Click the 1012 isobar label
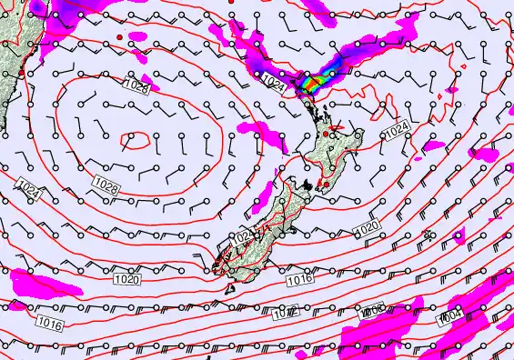pos(285,314)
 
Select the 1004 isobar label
pos(449,316)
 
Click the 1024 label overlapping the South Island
pos(244,237)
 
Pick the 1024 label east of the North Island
pos(397,133)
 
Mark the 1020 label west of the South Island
pos(127,279)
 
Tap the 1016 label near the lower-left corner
pos(50,323)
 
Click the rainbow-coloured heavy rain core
pos(312,83)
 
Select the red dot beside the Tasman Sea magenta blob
pos(119,36)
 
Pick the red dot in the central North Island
pos(326,135)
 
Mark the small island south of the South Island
pos(228,288)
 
